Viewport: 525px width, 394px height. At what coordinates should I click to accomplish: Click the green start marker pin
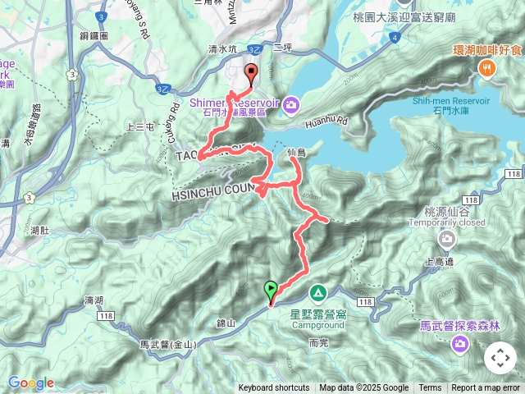pyautogui.click(x=271, y=290)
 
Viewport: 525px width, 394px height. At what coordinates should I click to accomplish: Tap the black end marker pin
pyautogui.click(x=251, y=71)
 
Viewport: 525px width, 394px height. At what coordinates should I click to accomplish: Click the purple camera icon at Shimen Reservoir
pyautogui.click(x=293, y=103)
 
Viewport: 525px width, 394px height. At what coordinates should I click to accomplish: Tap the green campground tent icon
pyautogui.click(x=317, y=293)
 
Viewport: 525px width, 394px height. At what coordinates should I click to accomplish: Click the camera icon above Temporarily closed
pyautogui.click(x=446, y=240)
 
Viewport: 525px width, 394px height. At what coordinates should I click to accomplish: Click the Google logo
pyautogui.click(x=31, y=383)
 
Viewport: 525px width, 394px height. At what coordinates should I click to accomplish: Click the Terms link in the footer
pyautogui.click(x=430, y=388)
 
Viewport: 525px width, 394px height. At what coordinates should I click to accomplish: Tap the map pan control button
pyautogui.click(x=500, y=358)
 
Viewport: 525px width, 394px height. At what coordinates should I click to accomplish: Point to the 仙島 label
pyautogui.click(x=297, y=153)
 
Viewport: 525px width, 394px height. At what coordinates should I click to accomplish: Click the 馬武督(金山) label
pyautogui.click(x=167, y=345)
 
